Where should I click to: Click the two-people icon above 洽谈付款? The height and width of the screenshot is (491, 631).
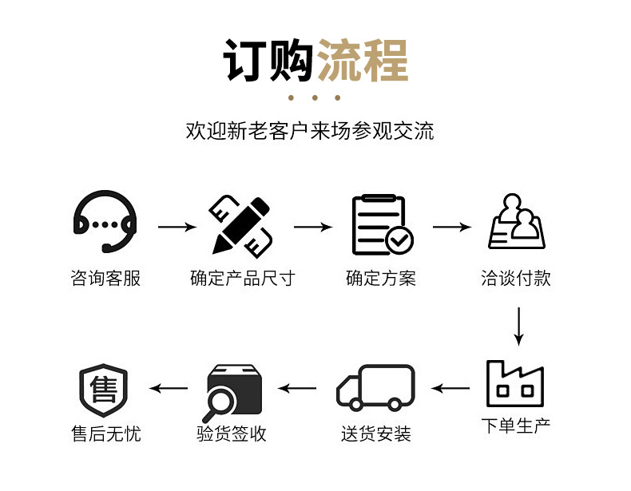pyautogui.click(x=516, y=223)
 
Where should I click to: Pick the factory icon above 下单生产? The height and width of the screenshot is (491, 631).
pyautogui.click(x=515, y=384)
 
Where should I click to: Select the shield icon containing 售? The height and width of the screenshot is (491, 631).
pyautogui.click(x=104, y=390)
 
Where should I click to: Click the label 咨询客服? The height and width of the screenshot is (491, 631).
pyautogui.click(x=105, y=279)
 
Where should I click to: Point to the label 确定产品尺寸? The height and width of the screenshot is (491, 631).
pyautogui.click(x=242, y=279)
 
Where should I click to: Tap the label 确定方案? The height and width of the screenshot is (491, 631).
pyautogui.click(x=381, y=279)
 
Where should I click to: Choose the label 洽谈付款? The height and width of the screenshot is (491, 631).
pyautogui.click(x=516, y=279)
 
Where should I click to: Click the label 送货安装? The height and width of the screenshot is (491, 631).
pyautogui.click(x=376, y=435)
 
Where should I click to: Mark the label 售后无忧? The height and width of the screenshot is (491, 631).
pyautogui.click(x=105, y=435)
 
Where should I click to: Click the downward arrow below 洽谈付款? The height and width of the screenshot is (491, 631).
pyautogui.click(x=518, y=326)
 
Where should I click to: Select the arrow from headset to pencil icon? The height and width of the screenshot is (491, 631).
pyautogui.click(x=177, y=228)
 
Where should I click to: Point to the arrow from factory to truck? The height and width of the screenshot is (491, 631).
pyautogui.click(x=451, y=389)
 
